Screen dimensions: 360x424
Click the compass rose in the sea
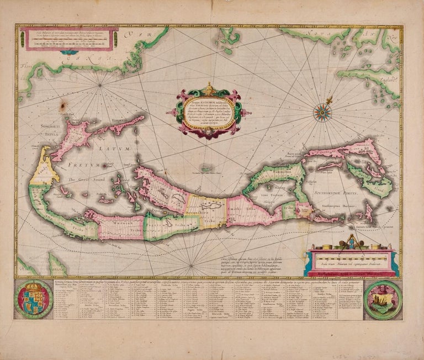tap(322, 113)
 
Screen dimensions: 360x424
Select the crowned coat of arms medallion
tap(33, 299)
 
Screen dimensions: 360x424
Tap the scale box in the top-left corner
tap(69, 38)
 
